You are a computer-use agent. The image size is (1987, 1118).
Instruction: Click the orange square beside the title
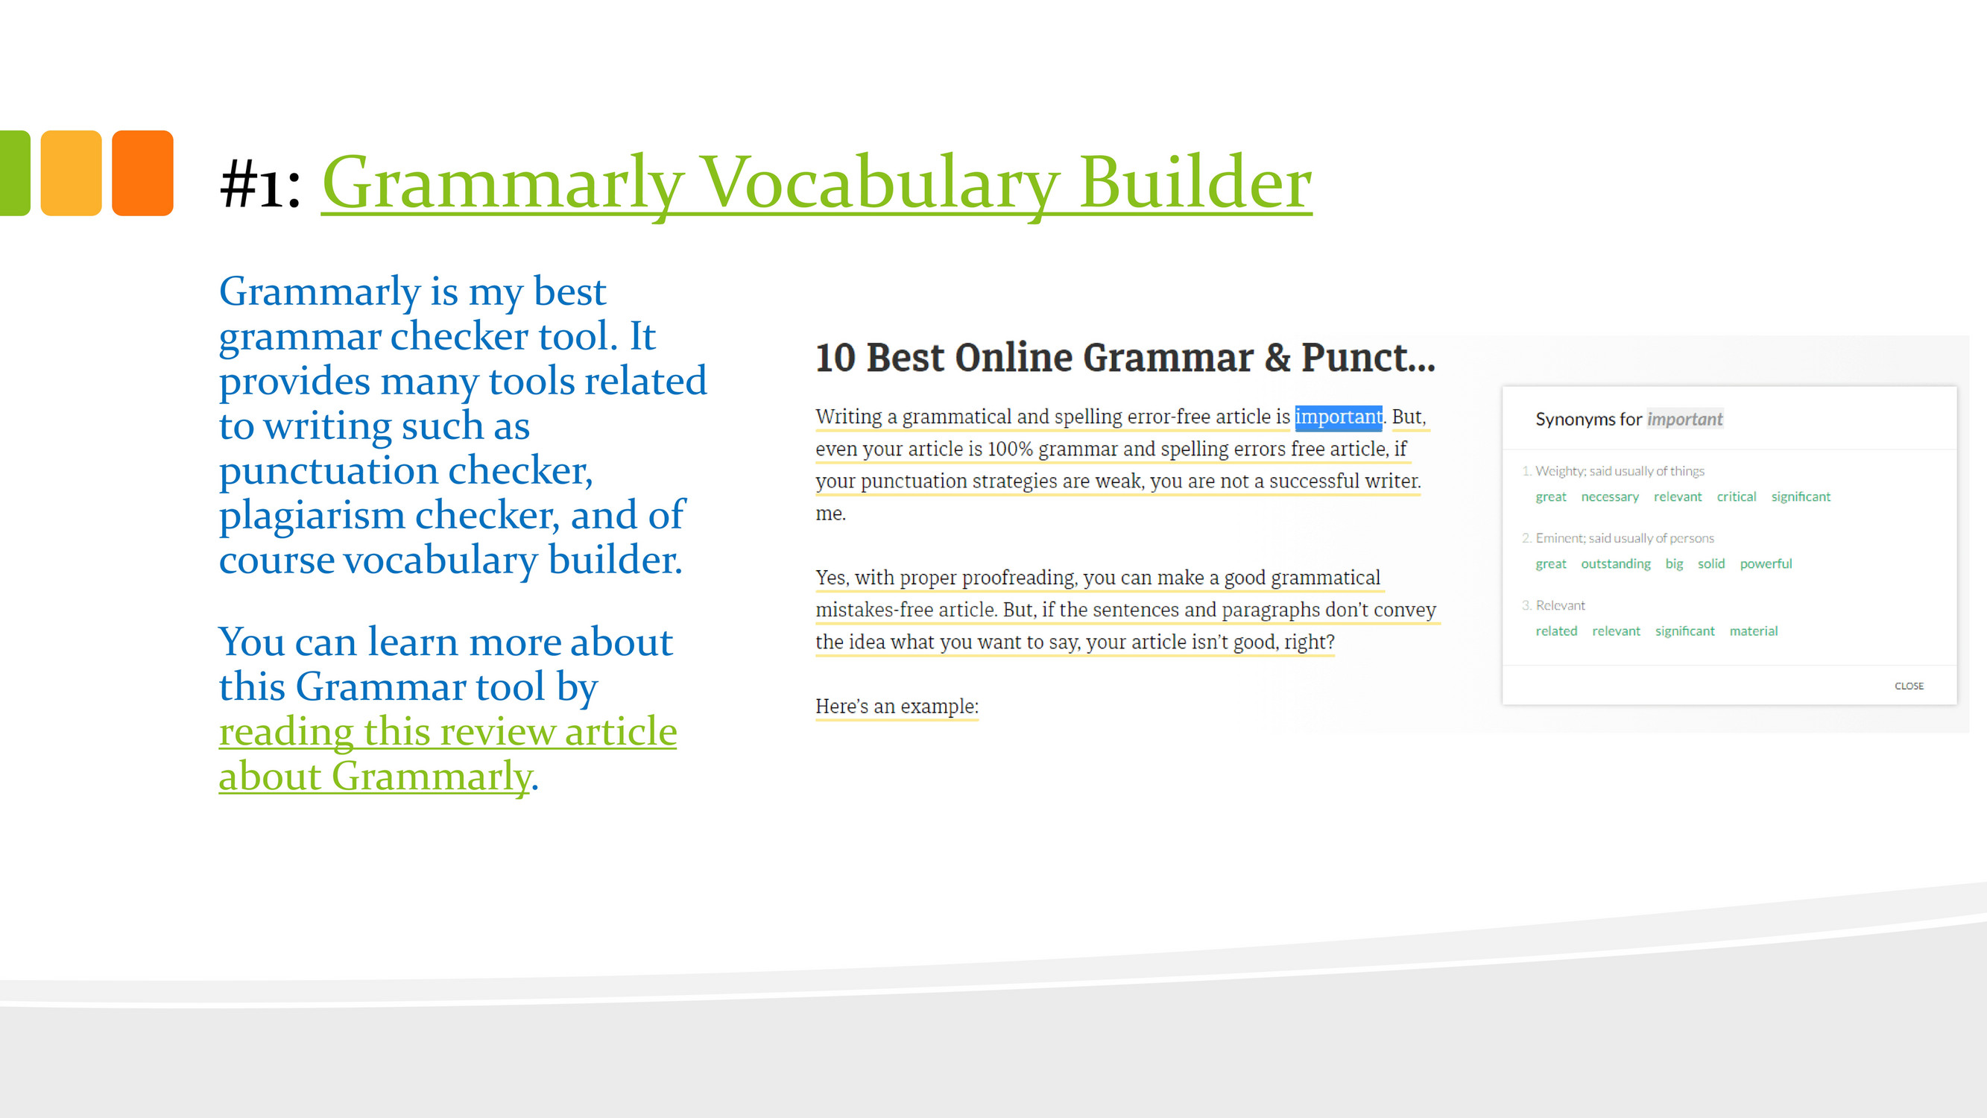tap(142, 173)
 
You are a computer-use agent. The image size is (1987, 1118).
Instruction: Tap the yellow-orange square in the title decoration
tap(71, 173)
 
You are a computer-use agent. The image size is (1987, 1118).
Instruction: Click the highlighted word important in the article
tap(1339, 417)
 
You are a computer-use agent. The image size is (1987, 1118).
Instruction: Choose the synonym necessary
tap(1610, 497)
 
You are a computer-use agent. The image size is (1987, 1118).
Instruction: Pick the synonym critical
tap(1737, 497)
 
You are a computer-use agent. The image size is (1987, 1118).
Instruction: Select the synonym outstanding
tap(1616, 564)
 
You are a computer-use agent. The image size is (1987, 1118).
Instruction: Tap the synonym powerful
tap(1766, 564)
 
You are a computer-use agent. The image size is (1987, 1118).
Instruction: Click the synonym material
tap(1753, 631)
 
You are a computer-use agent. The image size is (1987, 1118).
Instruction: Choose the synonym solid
tap(1710, 564)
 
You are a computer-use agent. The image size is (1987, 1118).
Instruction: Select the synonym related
tap(1555, 631)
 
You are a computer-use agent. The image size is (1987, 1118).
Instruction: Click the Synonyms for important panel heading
tap(1629, 419)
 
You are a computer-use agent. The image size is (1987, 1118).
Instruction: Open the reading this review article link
tap(447, 731)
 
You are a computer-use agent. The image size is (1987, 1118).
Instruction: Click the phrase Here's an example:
tap(897, 707)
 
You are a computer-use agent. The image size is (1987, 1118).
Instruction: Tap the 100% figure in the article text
tap(1010, 449)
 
